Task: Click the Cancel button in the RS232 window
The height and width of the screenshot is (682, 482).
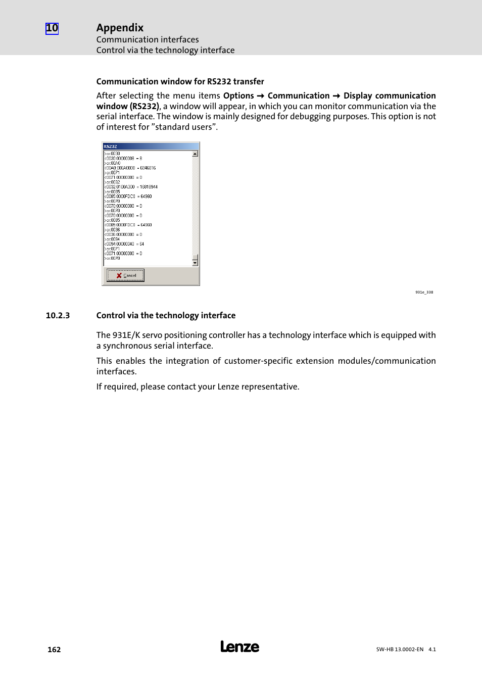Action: coord(125,275)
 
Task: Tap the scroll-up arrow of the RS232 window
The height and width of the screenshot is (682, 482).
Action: coord(195,154)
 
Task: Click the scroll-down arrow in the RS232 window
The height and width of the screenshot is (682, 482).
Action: coord(195,263)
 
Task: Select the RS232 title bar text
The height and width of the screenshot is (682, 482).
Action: coord(110,147)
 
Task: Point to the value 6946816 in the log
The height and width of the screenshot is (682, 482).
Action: coord(148,168)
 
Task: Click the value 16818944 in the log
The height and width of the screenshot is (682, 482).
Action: coord(149,187)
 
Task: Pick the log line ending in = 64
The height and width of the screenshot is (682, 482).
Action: coord(124,244)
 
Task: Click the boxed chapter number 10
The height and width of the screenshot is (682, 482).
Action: coord(52,28)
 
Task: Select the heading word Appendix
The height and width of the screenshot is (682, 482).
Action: coord(120,28)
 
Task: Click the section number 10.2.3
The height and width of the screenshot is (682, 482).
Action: coord(58,316)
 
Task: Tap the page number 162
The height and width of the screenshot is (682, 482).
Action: coord(54,650)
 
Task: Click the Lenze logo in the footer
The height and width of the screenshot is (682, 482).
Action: coord(239,647)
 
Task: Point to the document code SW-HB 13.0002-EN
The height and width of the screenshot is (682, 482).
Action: coord(400,650)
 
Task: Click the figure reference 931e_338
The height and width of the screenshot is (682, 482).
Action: coord(424,292)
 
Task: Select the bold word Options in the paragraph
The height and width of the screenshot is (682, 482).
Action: coord(238,96)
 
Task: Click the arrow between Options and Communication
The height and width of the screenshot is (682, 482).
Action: coord(261,96)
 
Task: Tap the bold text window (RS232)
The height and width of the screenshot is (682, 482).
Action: coord(128,107)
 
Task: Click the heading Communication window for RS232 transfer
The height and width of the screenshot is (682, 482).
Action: coord(180,82)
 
